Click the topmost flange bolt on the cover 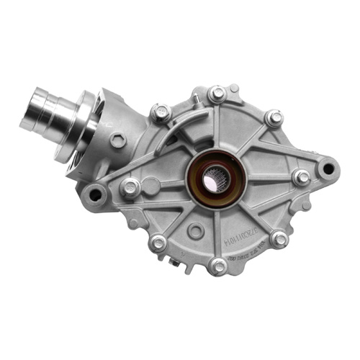[x=217, y=94]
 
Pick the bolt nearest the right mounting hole [x=302, y=176]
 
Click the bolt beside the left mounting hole [x=130, y=188]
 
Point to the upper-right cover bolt [x=274, y=117]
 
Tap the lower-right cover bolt [x=279, y=239]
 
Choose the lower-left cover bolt [x=158, y=244]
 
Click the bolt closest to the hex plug [x=161, y=112]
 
